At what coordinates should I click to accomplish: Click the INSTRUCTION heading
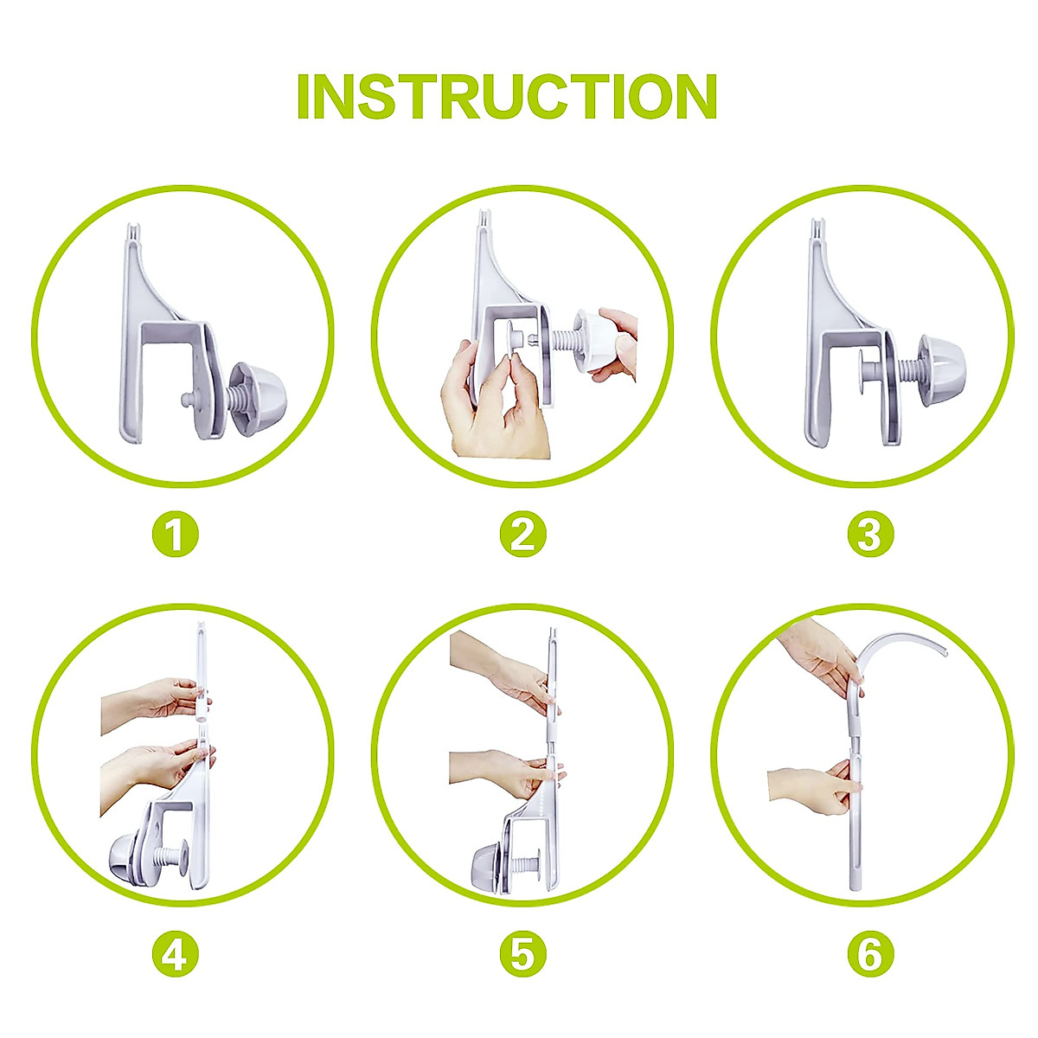pos(507,97)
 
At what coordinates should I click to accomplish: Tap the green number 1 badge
pos(176,535)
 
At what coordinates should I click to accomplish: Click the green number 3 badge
pos(870,535)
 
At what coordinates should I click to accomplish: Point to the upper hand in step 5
pos(502,675)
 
